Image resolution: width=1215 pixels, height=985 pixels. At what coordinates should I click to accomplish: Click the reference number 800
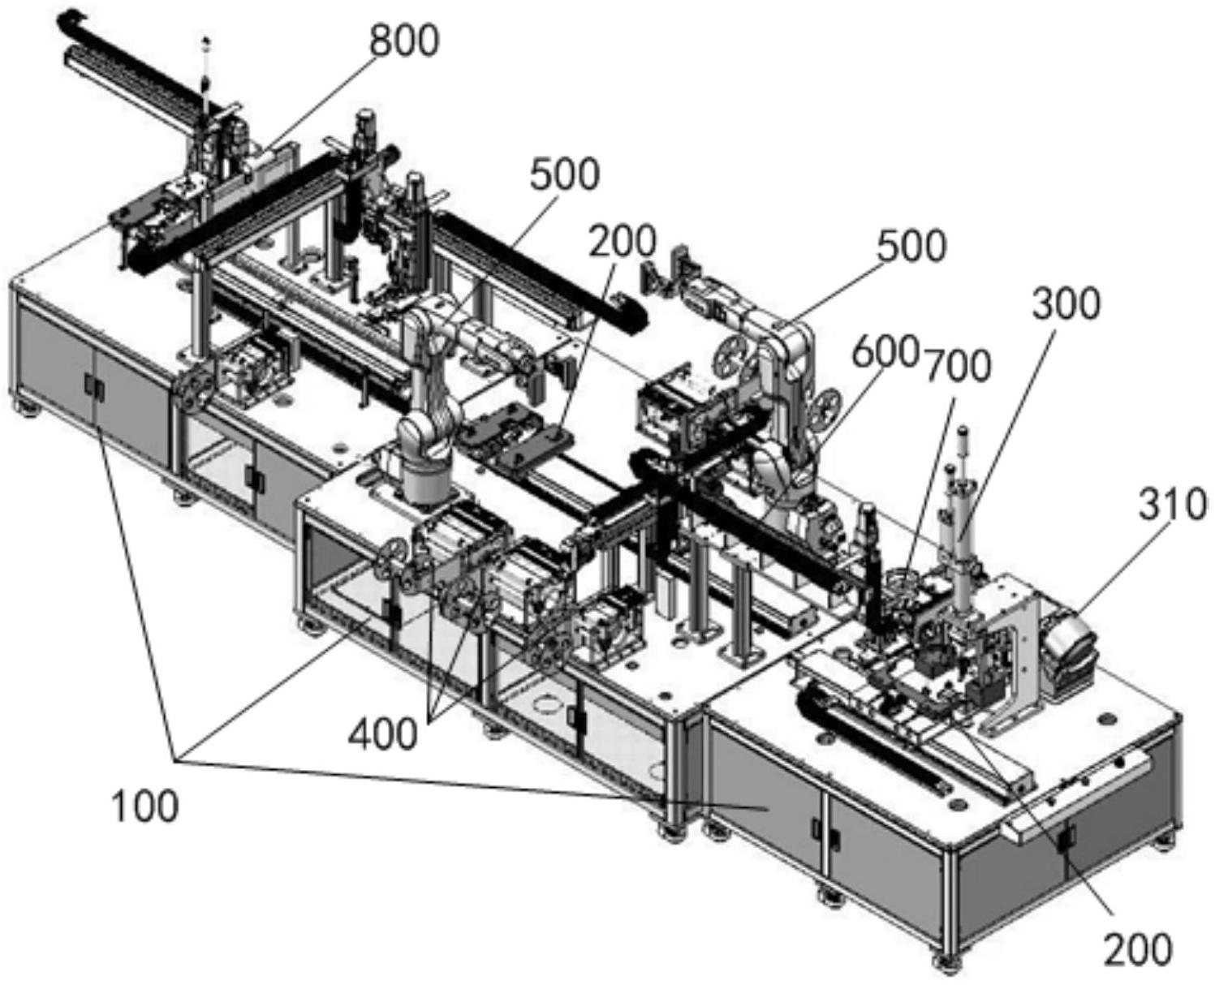tap(404, 41)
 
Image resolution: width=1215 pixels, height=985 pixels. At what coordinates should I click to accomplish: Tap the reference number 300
tap(1066, 303)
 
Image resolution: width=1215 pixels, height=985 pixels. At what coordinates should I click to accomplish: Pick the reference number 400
tap(383, 734)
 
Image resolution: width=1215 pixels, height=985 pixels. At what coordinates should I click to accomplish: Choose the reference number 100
tap(144, 806)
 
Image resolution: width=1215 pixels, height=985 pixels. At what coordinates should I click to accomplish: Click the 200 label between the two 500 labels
tap(623, 241)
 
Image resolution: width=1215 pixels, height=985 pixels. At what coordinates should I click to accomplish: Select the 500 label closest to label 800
tap(565, 175)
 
